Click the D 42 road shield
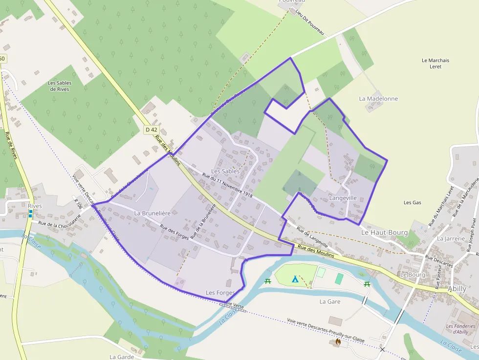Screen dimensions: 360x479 (152, 130)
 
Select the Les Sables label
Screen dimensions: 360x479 (225, 171)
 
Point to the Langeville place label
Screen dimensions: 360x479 (343, 198)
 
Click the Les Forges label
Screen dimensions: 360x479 (220, 293)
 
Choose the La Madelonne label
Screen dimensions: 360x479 (378, 99)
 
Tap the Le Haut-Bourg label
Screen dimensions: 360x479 (384, 233)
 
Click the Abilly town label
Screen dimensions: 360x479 (457, 289)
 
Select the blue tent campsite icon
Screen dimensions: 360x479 (294, 279)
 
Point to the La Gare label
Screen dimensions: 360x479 (330, 301)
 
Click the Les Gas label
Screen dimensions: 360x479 (413, 202)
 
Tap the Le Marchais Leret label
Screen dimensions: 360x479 (435, 64)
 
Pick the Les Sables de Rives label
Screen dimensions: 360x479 (60, 86)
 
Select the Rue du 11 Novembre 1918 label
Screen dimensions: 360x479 (227, 186)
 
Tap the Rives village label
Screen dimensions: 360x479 (35, 206)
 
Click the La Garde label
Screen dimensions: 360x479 (122, 357)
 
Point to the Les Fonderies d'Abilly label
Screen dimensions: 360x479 (460, 329)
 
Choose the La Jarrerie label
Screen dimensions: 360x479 (448, 239)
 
